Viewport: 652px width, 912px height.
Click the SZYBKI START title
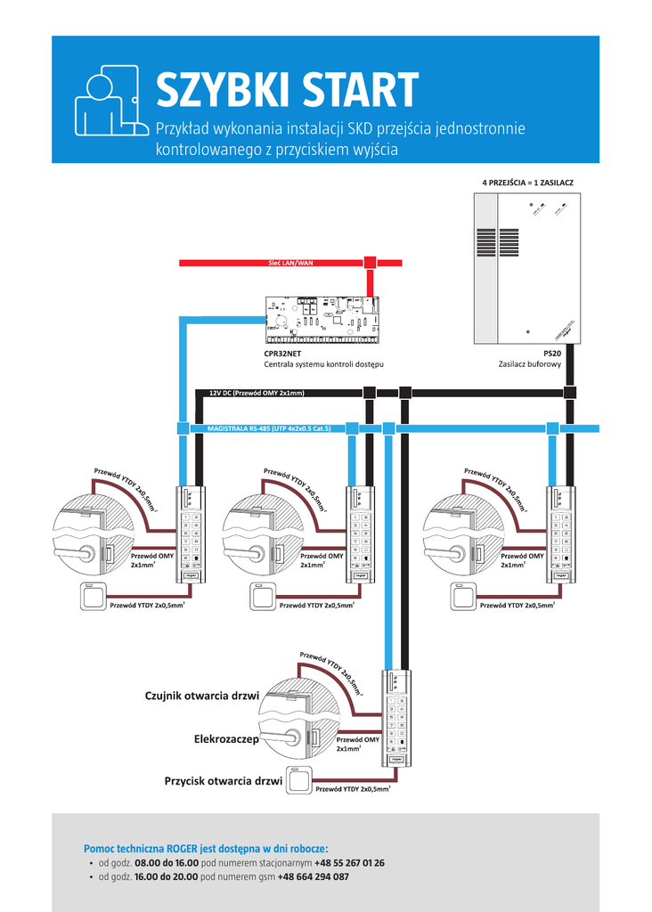(x=287, y=90)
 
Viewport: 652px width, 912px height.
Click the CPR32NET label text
(x=282, y=354)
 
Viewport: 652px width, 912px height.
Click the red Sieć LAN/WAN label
(x=290, y=264)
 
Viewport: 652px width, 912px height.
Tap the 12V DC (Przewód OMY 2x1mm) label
(x=257, y=393)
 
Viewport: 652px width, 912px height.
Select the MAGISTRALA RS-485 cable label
(x=269, y=428)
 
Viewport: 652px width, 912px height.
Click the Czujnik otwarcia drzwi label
(x=201, y=696)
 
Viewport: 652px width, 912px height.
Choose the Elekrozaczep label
(x=226, y=739)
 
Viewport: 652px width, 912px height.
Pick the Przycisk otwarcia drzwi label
(x=223, y=781)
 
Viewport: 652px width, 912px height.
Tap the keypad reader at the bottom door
(x=396, y=718)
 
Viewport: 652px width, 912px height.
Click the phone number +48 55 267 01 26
(x=349, y=863)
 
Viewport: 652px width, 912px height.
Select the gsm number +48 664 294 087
(x=313, y=877)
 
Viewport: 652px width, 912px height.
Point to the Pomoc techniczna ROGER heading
(x=206, y=849)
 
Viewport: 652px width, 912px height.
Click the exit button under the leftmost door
(x=94, y=596)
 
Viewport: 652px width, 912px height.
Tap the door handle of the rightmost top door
(x=445, y=554)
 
